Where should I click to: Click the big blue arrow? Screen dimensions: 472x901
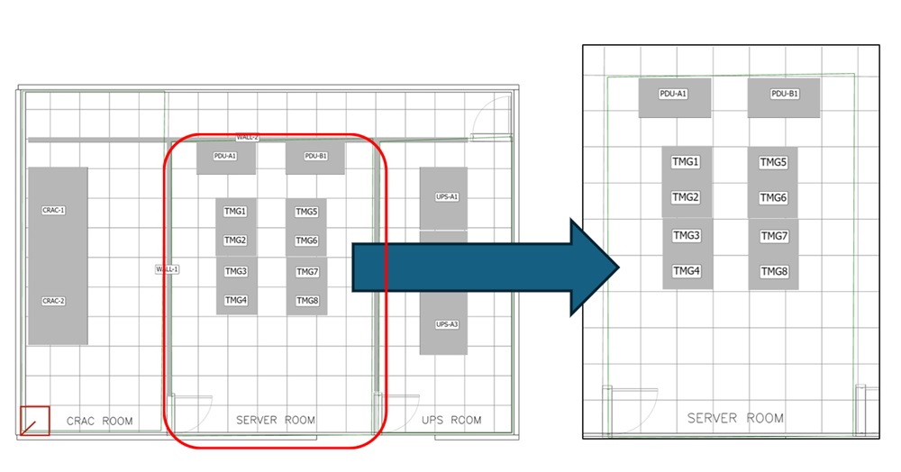point(478,268)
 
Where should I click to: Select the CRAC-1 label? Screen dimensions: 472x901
point(54,210)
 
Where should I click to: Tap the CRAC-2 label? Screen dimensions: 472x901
point(54,301)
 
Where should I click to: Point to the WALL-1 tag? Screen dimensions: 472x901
point(168,268)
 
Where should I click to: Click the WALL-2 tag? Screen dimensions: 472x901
point(247,138)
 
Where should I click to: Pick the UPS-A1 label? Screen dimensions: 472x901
point(447,196)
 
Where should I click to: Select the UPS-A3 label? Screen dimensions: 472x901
point(447,324)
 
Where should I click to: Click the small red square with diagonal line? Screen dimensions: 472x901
point(35,421)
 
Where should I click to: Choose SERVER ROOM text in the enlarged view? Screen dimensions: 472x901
point(735,418)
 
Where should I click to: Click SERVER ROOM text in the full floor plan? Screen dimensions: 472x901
point(276,421)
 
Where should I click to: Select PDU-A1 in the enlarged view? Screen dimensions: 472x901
point(673,94)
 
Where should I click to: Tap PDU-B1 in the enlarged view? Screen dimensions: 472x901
point(785,94)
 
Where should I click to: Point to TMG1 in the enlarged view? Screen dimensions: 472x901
point(686,162)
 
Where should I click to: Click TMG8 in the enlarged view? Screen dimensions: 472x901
point(773,271)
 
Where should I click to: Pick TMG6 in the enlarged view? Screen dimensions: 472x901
point(773,198)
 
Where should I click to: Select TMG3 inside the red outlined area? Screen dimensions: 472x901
point(236,271)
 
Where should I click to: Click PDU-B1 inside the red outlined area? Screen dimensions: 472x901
point(315,156)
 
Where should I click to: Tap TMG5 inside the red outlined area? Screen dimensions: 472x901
point(307,213)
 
